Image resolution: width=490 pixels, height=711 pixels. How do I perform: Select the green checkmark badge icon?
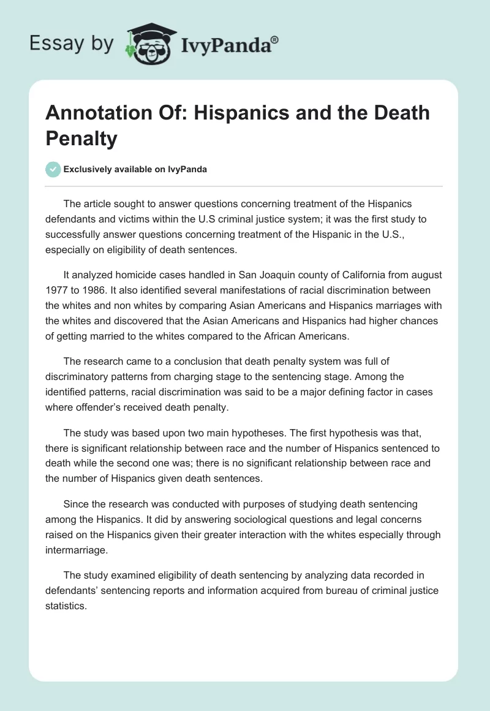coord(53,169)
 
